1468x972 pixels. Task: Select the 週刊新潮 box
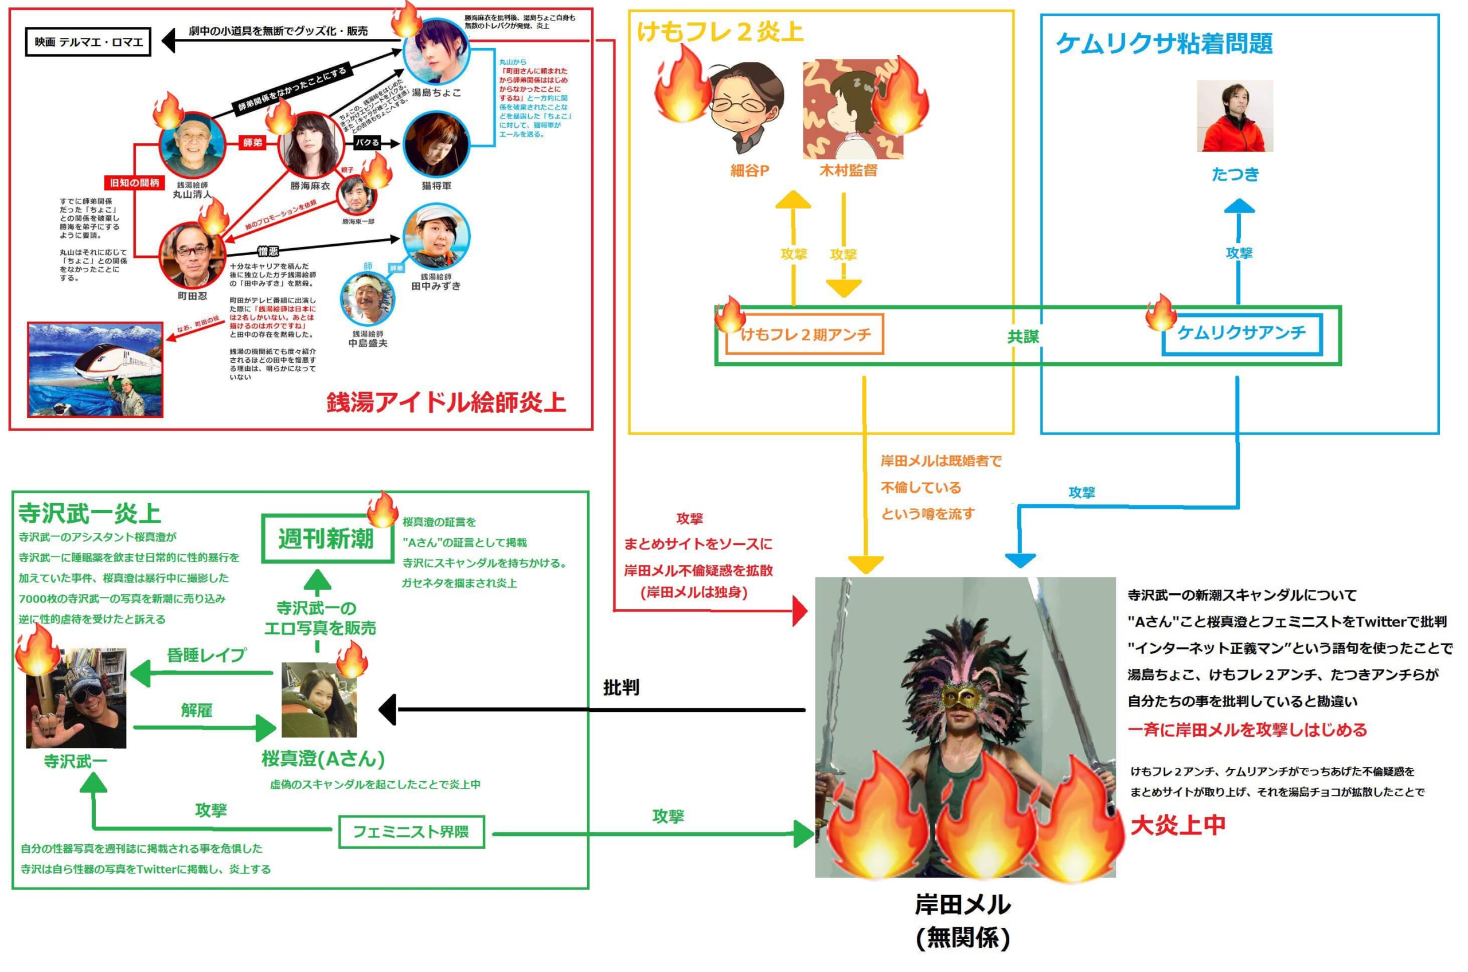coord(326,538)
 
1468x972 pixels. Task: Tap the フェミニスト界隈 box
coord(411,831)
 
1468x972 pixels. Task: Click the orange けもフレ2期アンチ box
coord(805,335)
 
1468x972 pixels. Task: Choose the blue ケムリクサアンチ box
coord(1241,334)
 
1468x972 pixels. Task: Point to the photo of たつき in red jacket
coord(1234,116)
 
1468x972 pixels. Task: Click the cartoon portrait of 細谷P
coord(746,108)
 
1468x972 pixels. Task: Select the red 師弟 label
coord(252,143)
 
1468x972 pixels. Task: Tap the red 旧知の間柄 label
coord(135,183)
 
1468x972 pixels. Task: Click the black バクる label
coord(367,143)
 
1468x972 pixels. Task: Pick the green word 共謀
coord(1022,336)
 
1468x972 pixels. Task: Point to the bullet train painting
coord(95,370)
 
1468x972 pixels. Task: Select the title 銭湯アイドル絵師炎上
coord(446,403)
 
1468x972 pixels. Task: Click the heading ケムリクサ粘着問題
coord(1164,44)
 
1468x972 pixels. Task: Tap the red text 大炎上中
coord(1177,825)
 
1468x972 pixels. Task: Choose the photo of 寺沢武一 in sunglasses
coord(76,698)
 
